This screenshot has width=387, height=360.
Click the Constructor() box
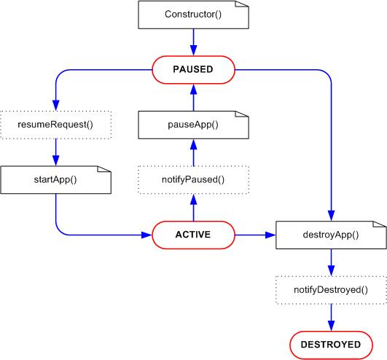pos(193,15)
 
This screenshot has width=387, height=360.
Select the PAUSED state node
pos(193,70)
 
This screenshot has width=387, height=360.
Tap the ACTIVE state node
pos(193,235)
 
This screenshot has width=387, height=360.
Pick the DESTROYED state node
pos(331,345)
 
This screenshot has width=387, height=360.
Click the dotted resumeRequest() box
pos(56,125)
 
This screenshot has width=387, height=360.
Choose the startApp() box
pos(56,180)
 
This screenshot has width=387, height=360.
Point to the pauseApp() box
pos(193,125)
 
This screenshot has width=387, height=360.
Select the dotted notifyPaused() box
pos(193,180)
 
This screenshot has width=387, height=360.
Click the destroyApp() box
pos(331,235)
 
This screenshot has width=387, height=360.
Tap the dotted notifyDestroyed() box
pos(331,290)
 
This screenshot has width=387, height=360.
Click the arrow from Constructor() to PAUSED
pos(194,42)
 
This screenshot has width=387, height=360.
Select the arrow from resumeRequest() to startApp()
pos(56,152)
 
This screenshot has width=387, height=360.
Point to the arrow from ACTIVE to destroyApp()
pos(255,235)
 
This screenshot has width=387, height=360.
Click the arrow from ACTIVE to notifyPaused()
pos(194,207)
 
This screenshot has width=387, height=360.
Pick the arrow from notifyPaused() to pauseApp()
pos(194,152)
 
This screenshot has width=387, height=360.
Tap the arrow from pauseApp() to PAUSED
pos(194,98)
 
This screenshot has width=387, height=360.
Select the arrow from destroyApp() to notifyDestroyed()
pos(331,262)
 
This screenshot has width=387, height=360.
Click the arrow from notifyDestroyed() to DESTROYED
pos(331,318)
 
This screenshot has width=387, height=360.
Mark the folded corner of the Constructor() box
pos(241,4)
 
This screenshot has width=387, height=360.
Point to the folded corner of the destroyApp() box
pos(379,224)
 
